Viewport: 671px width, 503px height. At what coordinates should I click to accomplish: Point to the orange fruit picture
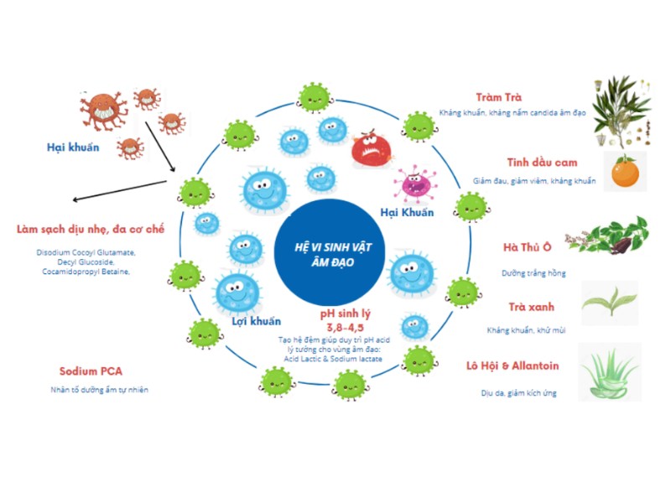point(625,173)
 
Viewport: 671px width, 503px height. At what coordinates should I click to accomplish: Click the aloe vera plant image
point(611,371)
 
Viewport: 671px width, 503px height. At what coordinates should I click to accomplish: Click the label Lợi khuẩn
point(256,321)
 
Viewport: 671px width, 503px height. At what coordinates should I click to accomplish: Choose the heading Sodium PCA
point(90,371)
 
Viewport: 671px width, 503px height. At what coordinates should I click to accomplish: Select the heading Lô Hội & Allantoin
point(512,366)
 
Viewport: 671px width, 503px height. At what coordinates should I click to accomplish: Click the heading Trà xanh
point(531,307)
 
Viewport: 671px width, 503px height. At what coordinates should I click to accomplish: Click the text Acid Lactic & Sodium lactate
point(332,359)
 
